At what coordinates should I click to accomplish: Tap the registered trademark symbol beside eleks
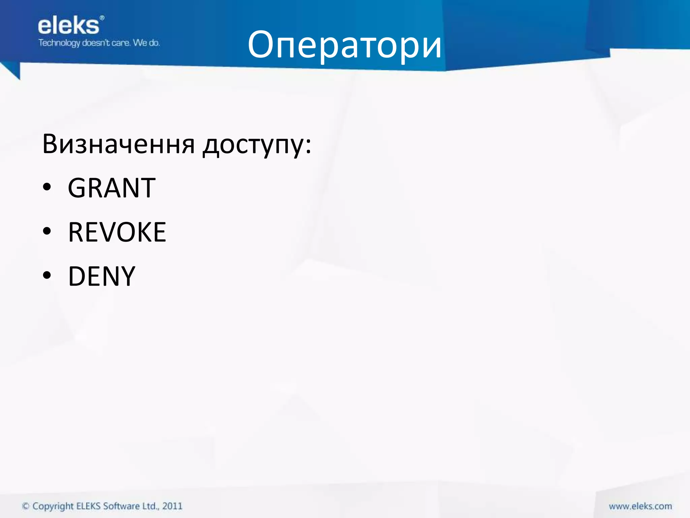point(102,18)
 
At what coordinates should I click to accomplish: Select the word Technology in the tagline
point(59,43)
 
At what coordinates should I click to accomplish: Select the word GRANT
point(112,188)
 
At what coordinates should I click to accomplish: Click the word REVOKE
point(117,232)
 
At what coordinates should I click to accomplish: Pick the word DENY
point(101,276)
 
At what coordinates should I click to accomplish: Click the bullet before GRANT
point(47,187)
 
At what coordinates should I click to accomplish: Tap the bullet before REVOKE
point(47,231)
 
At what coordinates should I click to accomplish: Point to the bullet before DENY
point(47,276)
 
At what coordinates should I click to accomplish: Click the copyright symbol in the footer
point(26,506)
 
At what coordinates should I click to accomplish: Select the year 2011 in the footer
point(172,506)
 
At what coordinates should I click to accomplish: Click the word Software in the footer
point(121,506)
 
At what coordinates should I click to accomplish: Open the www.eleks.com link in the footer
point(640,506)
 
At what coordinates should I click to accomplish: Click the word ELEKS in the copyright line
point(89,506)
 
